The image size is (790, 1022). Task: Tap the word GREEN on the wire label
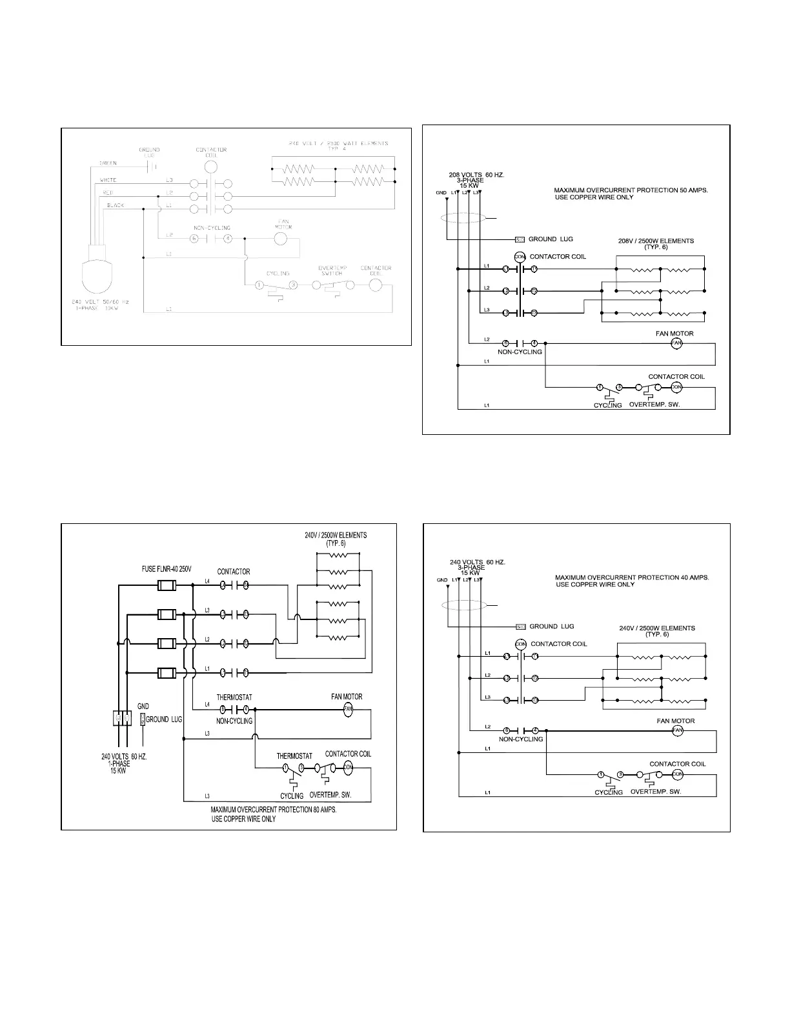tap(108, 163)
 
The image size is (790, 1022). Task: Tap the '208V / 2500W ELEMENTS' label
tap(656, 241)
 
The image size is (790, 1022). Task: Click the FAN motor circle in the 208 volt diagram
tap(676, 343)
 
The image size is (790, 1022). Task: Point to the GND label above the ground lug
tap(143, 706)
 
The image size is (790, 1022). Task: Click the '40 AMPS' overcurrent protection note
tap(631, 577)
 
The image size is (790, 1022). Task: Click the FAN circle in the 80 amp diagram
tap(349, 710)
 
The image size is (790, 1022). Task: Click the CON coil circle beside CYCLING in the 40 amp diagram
tap(677, 774)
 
